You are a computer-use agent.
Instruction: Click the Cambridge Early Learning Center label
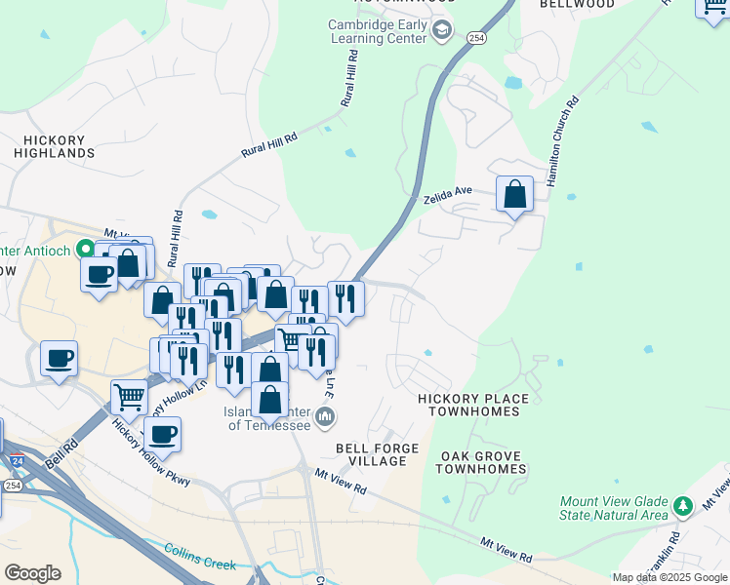point(377,31)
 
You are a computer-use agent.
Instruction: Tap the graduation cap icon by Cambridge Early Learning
point(442,31)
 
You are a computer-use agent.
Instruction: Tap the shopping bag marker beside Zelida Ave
point(514,194)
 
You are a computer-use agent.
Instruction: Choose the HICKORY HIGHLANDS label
point(55,146)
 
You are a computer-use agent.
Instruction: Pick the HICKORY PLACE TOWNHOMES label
point(473,405)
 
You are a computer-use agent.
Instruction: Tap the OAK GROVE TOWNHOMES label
point(479,462)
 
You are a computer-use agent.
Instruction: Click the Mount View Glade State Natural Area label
point(614,508)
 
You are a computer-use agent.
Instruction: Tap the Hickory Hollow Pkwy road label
point(150,453)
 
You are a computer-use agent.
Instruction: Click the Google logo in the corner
point(32,573)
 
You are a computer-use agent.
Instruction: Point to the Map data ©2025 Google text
point(669,577)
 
